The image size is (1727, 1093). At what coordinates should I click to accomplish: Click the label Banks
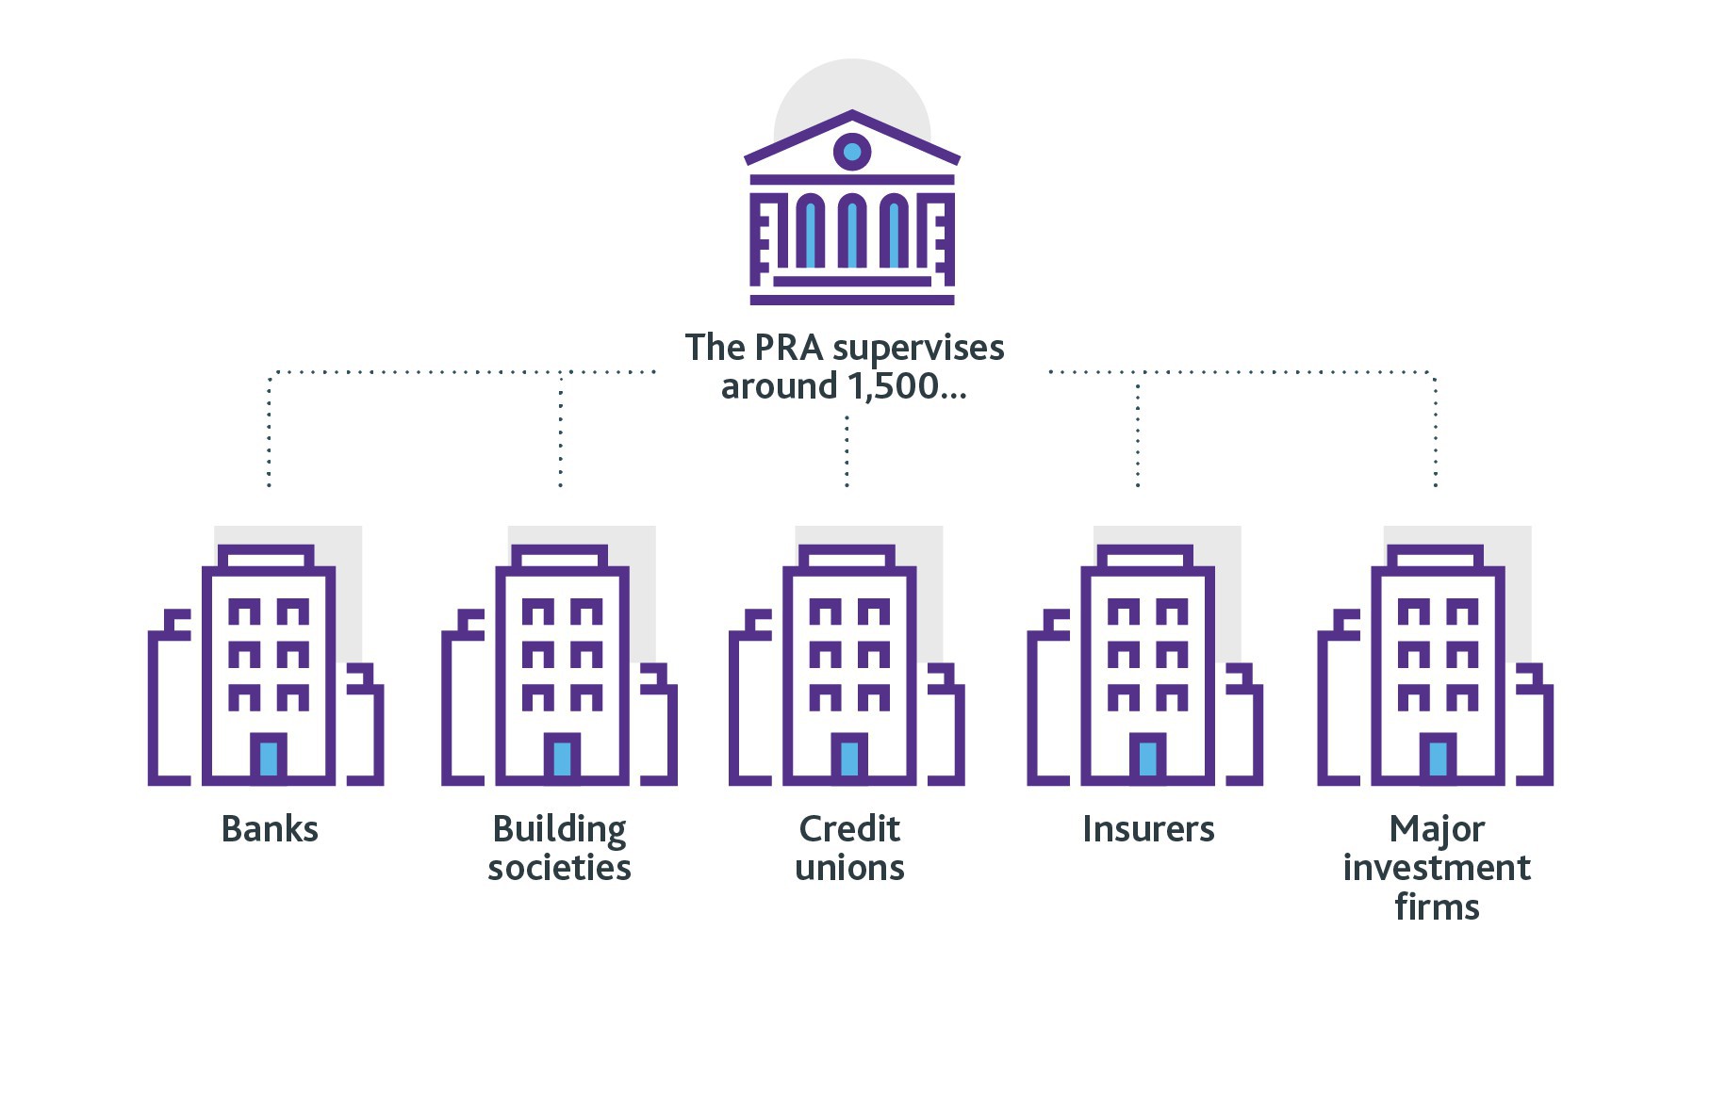[x=270, y=829]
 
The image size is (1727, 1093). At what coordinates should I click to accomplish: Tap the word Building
[x=559, y=830]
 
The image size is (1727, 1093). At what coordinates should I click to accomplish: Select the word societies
[x=559, y=868]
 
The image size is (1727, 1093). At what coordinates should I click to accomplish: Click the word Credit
[x=849, y=829]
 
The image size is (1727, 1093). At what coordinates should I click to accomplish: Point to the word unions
[x=849, y=868]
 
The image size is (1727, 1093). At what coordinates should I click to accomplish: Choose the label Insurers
[x=1148, y=829]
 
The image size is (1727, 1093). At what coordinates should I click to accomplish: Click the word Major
[x=1437, y=830]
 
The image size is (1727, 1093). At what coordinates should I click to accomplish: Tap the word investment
[x=1437, y=868]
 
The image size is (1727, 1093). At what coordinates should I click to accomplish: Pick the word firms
[x=1437, y=907]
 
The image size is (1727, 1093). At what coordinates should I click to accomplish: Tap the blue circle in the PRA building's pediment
[x=852, y=151]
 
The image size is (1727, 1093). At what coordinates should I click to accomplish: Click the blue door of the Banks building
[x=269, y=759]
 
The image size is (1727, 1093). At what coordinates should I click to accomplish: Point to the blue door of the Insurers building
[x=1147, y=759]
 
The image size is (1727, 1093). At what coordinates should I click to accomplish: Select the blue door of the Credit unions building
[x=849, y=759]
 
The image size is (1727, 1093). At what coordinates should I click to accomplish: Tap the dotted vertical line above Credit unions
[x=847, y=452]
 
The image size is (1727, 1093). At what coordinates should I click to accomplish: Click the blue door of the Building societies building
[x=563, y=759]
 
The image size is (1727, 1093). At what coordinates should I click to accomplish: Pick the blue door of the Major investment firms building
[x=1438, y=759]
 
